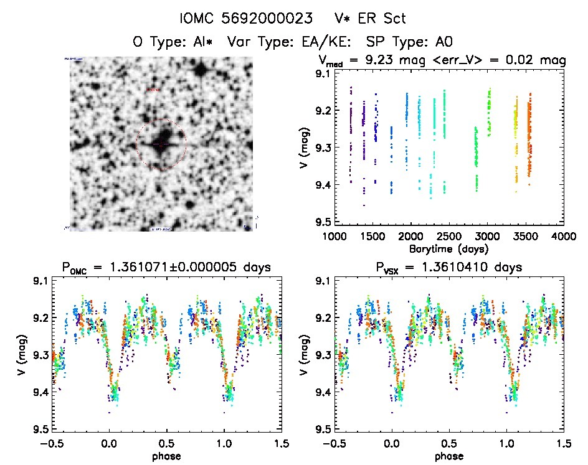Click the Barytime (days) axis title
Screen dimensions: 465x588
click(x=448, y=248)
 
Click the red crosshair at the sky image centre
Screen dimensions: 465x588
click(x=161, y=144)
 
